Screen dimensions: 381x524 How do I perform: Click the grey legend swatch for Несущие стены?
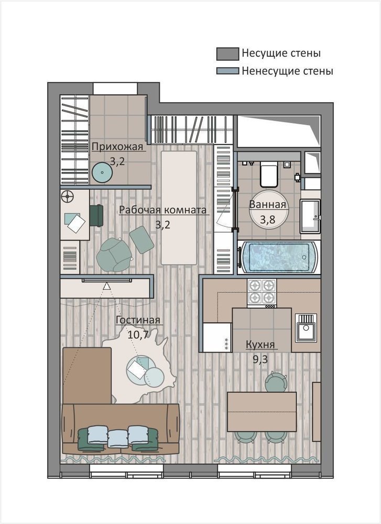coord(227,54)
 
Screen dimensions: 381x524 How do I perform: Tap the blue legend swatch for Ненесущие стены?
coord(227,71)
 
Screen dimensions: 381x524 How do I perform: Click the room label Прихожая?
coord(117,147)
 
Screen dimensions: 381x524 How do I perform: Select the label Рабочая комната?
coord(162,210)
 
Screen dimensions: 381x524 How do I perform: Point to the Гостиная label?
coord(138,320)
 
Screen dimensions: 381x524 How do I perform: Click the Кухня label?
coord(260,344)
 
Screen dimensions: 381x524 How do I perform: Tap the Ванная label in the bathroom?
coord(268,204)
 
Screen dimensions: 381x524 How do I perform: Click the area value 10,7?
coord(138,334)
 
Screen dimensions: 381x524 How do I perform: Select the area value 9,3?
coord(260,359)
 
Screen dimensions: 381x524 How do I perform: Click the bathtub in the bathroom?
coord(279,257)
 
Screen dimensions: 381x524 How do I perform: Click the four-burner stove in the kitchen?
coord(262,293)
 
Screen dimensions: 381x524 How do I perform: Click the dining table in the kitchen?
coord(262,412)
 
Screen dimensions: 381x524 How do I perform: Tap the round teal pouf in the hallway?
coord(102,172)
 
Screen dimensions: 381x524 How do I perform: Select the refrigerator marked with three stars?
coord(217,337)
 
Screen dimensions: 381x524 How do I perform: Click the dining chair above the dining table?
coord(276,381)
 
